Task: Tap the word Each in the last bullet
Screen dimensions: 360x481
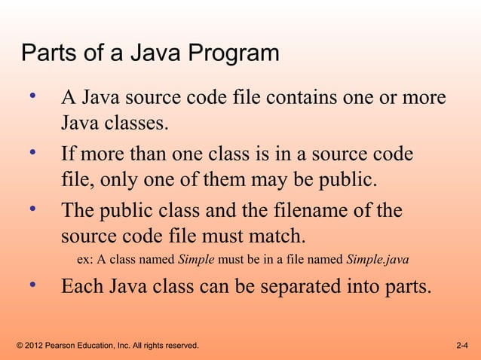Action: tap(84, 288)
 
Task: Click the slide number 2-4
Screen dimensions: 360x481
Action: tap(463, 346)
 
